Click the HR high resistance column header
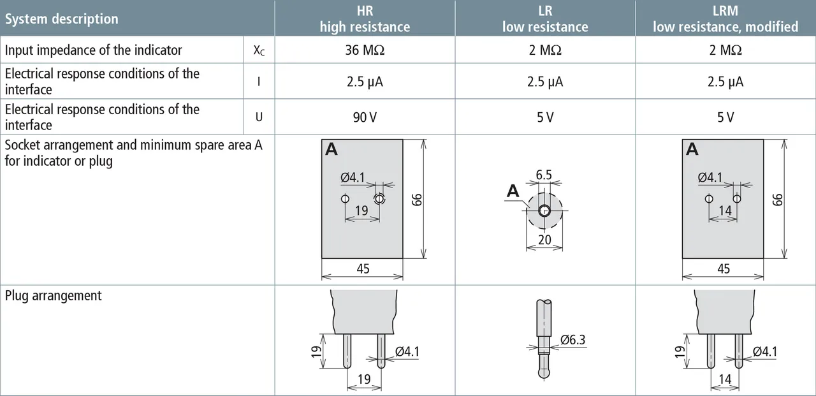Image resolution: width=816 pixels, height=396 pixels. (365, 18)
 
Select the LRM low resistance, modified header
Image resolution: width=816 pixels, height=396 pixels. (725, 18)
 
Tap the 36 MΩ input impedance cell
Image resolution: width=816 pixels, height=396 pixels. (365, 50)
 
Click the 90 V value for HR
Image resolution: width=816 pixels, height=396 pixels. (365, 117)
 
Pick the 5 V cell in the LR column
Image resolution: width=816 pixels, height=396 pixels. (545, 117)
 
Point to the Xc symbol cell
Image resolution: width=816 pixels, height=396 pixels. (259, 50)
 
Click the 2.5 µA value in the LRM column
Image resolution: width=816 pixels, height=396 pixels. (725, 82)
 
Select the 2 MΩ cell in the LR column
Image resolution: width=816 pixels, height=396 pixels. (545, 50)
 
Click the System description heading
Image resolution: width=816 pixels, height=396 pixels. (62, 19)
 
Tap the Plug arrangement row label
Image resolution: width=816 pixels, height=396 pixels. (53, 295)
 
